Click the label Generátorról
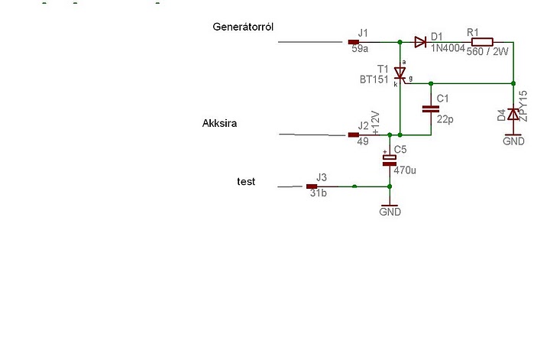tap(243, 27)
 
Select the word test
tap(246, 182)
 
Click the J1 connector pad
tap(354, 42)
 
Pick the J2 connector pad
tap(354, 135)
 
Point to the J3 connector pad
tap(312, 186)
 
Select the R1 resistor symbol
tap(482, 42)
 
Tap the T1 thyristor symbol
tap(400, 73)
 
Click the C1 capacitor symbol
tap(431, 109)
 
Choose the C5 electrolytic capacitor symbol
tap(390, 159)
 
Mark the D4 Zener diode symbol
tap(513, 114)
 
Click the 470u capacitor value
tap(405, 170)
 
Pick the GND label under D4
tap(513, 141)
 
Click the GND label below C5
tap(390, 212)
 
